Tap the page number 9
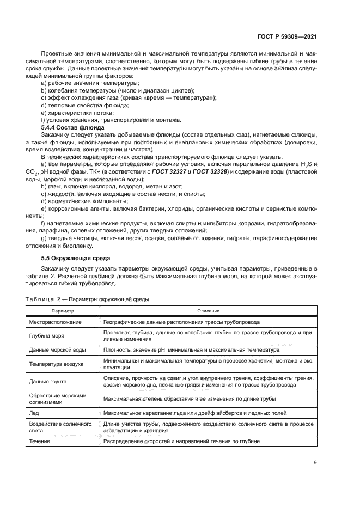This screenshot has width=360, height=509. point(315,462)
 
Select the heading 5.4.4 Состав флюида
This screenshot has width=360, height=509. point(73,127)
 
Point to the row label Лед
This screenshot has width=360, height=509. point(34,413)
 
